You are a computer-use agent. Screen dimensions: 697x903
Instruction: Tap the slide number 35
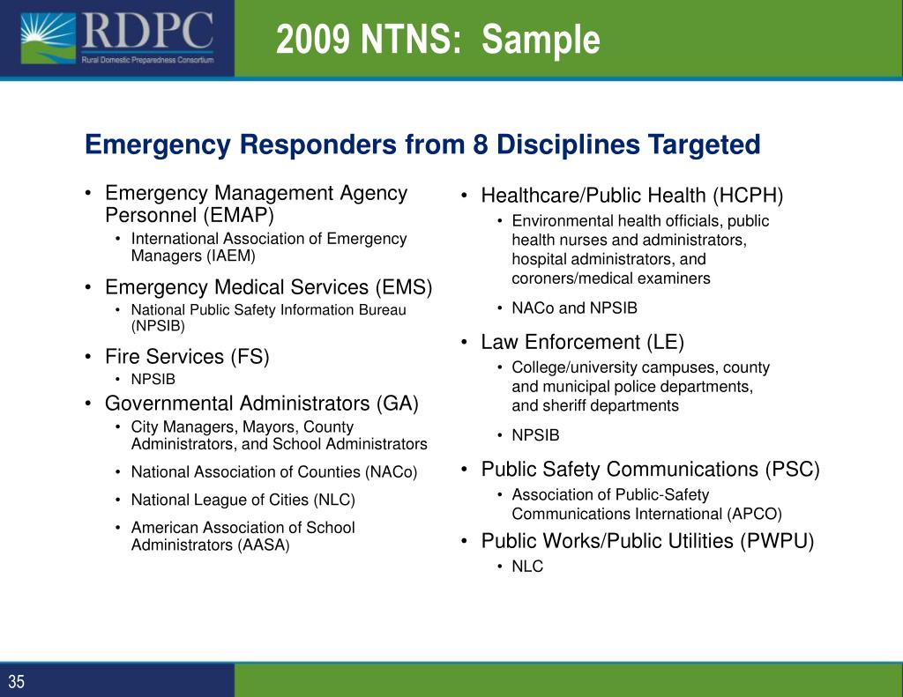point(17,681)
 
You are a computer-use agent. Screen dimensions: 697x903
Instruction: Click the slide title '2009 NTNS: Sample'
point(437,40)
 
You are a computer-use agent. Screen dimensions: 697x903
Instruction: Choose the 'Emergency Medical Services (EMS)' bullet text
point(268,287)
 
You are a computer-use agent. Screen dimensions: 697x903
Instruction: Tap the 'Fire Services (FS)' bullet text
point(187,357)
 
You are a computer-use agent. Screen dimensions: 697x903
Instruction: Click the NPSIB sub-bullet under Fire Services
point(153,380)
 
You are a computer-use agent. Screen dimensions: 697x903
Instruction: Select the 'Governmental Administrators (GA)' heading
point(261,404)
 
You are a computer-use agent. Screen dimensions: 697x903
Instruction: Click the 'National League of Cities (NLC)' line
point(243,501)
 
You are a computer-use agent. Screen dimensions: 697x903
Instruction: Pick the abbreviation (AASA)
point(263,545)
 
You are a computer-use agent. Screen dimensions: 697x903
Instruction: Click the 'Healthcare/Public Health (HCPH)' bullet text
point(631,196)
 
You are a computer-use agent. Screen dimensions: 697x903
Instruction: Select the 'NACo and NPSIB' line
point(574,308)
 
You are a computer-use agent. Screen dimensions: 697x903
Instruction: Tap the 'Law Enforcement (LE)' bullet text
point(582,342)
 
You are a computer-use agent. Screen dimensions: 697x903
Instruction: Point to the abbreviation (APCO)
point(755,515)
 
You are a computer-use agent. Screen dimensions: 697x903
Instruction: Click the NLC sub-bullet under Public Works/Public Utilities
point(527,567)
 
